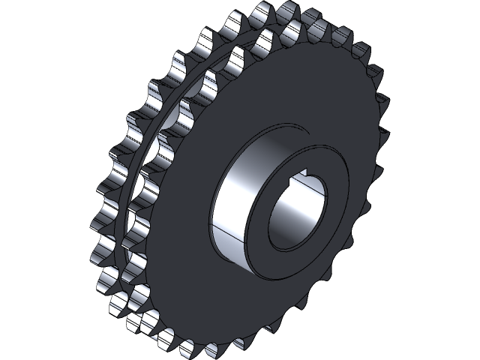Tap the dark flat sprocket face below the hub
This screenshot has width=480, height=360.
(x=247, y=307)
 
